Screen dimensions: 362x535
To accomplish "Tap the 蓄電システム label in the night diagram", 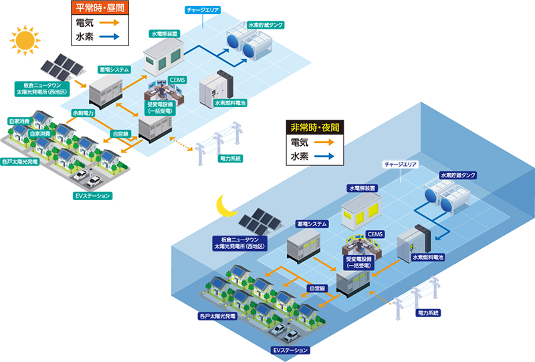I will (x=310, y=225).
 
